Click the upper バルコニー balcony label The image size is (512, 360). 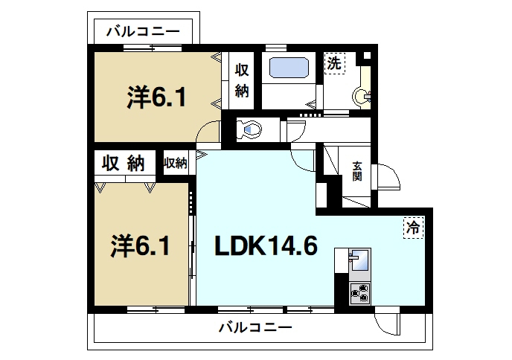coord(143,31)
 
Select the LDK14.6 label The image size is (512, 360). coord(266,245)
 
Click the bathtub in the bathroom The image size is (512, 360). coord(291,67)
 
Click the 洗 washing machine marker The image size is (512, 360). coord(334,64)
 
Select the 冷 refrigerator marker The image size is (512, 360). coord(412,228)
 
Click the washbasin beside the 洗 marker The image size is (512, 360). coord(362,94)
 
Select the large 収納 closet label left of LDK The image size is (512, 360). coord(124,163)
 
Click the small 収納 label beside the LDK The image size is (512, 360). coord(176,162)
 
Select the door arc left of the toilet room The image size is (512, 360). coord(209,134)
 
